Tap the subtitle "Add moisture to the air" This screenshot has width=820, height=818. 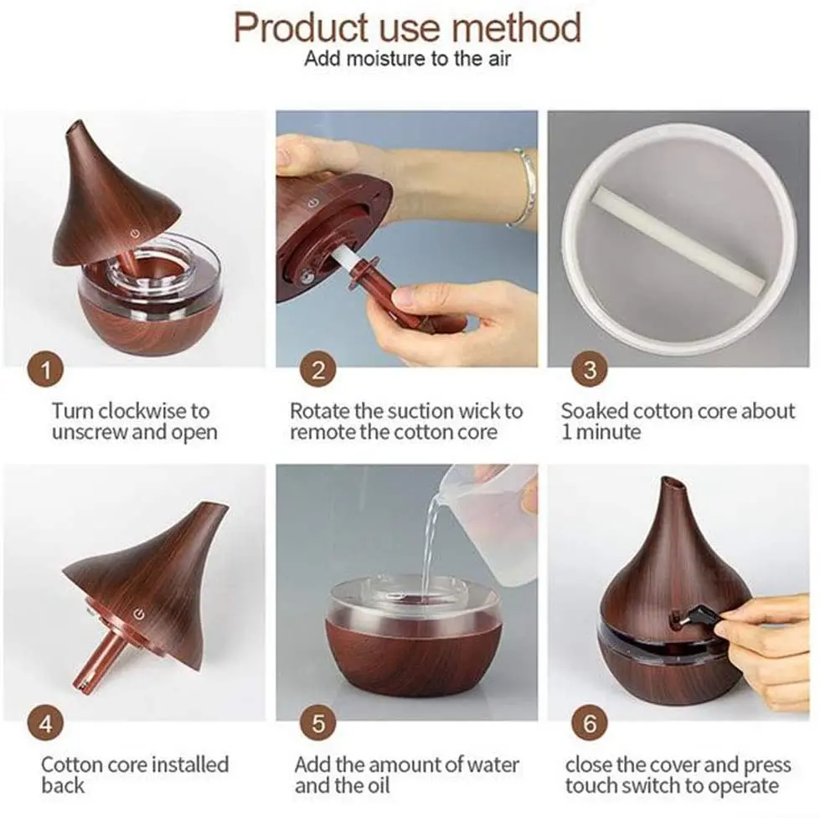click(x=406, y=59)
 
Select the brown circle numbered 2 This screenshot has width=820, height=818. click(x=317, y=369)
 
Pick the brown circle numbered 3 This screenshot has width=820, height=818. click(x=590, y=369)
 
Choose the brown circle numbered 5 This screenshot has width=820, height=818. click(x=317, y=722)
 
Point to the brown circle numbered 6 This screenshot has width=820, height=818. click(x=590, y=722)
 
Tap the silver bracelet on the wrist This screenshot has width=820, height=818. click(x=524, y=186)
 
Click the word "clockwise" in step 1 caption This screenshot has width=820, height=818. click(x=143, y=411)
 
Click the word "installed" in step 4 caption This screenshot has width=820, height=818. click(x=188, y=764)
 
